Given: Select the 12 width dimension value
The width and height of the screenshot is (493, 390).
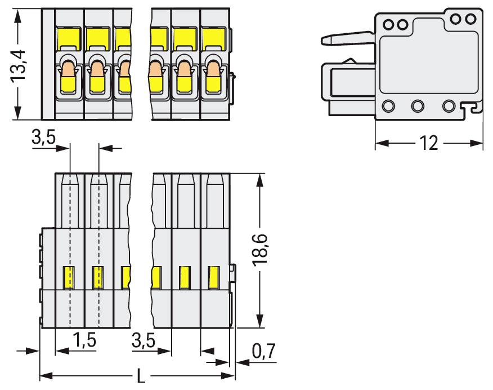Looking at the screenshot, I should [x=428, y=144].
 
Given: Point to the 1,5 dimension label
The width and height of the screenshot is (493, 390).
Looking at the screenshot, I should [x=84, y=340].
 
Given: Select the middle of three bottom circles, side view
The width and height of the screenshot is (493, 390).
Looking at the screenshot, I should [x=418, y=105].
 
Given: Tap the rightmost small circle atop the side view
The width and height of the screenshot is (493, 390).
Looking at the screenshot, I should [x=472, y=19].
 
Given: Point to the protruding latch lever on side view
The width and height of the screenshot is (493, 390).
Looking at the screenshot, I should [x=346, y=39].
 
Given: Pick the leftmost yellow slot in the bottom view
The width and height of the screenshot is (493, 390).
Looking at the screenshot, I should [x=69, y=276].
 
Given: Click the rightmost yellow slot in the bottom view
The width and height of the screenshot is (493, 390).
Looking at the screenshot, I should [x=214, y=276].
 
